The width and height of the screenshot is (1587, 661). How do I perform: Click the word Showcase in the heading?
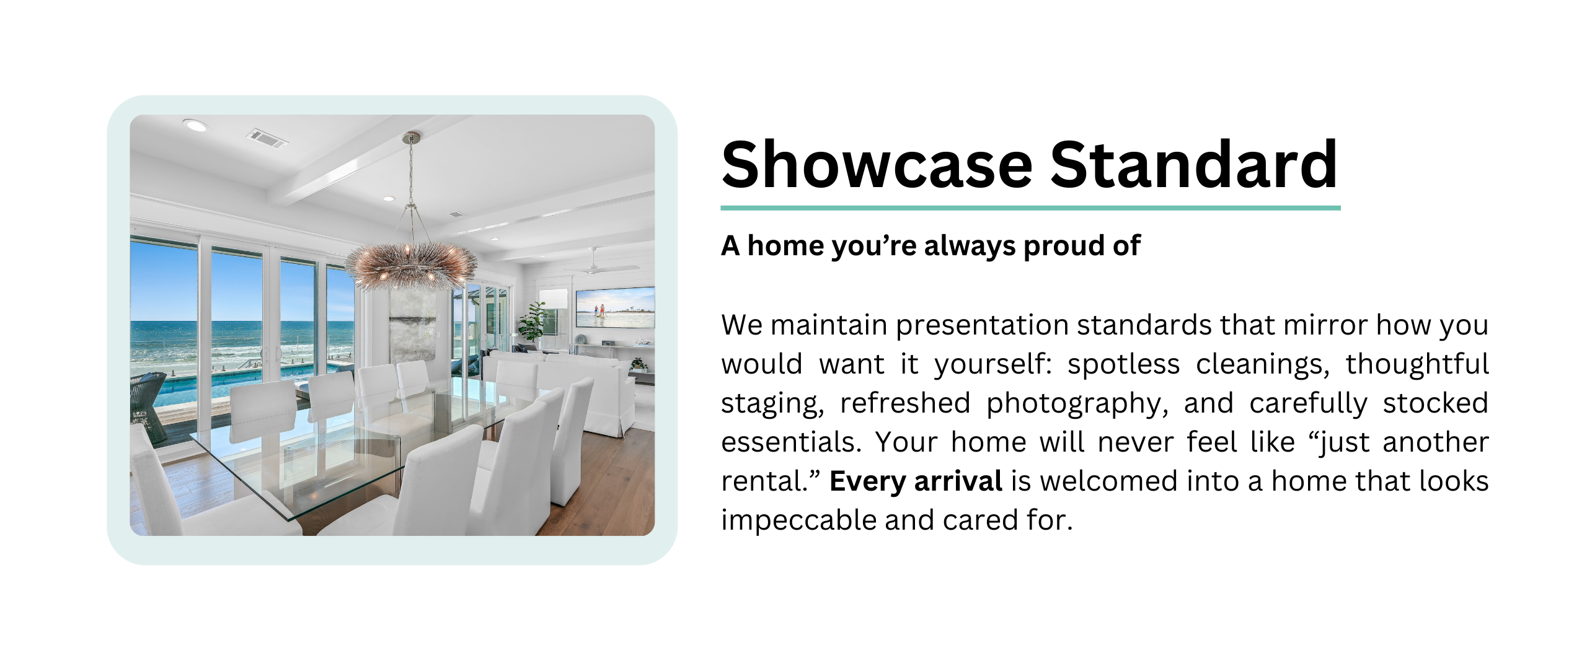click(877, 165)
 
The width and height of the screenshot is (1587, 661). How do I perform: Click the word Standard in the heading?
click(1194, 165)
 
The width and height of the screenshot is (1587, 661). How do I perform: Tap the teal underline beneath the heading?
click(1030, 208)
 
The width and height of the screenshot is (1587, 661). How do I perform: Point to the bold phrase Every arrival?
click(916, 481)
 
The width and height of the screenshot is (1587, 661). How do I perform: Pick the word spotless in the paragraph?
click(1123, 364)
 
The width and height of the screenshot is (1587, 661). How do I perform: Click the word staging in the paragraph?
click(772, 404)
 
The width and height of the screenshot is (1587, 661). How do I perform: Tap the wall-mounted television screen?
click(615, 308)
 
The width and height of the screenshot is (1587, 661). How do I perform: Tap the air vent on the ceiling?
click(267, 138)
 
